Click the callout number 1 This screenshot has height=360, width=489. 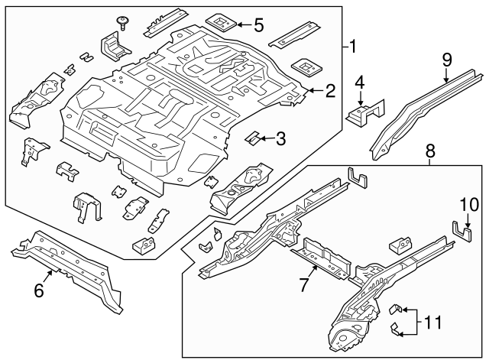pyautogui.click(x=353, y=46)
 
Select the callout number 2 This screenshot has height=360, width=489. pyautogui.click(x=330, y=92)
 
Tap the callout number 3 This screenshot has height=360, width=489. pyautogui.click(x=281, y=138)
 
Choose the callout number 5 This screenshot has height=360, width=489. pyautogui.click(x=258, y=25)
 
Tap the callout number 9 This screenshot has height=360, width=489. pyautogui.click(x=448, y=59)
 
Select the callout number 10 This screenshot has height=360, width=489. pyautogui.click(x=468, y=205)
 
